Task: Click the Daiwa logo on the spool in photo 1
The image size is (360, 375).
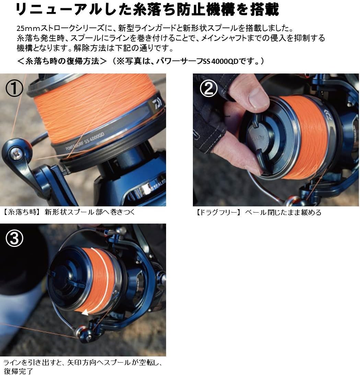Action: point(155,102)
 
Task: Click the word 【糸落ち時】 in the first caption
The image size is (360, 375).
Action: point(20,212)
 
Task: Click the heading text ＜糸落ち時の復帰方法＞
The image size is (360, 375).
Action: point(62,62)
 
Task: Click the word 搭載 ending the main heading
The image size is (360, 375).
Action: point(264,10)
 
